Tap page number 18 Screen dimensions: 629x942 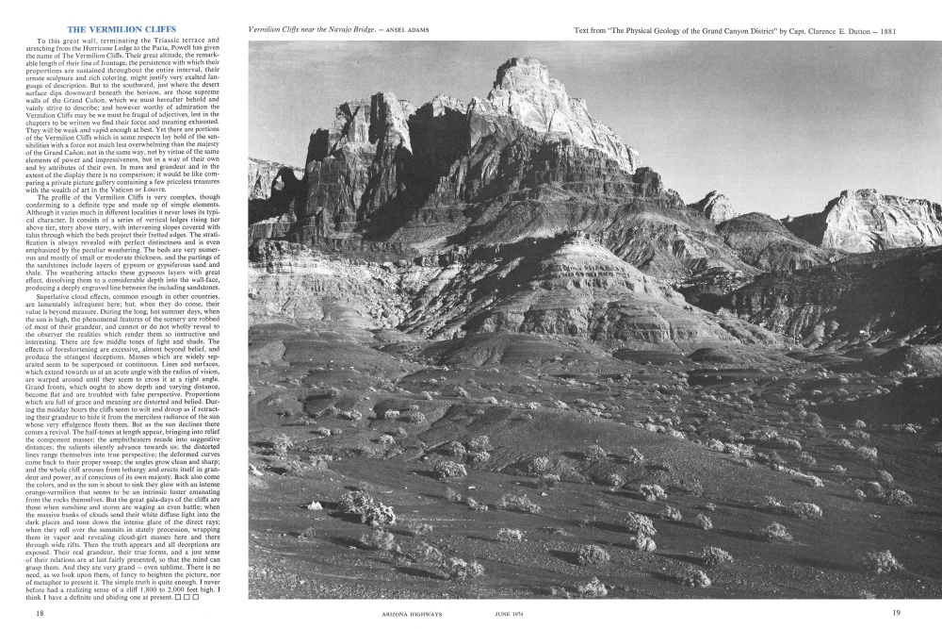tap(41, 613)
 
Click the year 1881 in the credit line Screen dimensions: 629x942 tap(883, 31)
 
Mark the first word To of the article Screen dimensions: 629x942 tap(41, 41)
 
